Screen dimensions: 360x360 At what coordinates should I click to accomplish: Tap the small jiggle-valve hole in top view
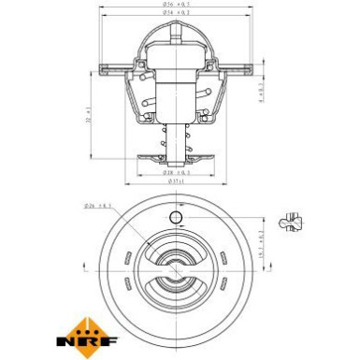coord(175,218)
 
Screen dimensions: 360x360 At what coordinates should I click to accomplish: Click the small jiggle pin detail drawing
coord(297,220)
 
